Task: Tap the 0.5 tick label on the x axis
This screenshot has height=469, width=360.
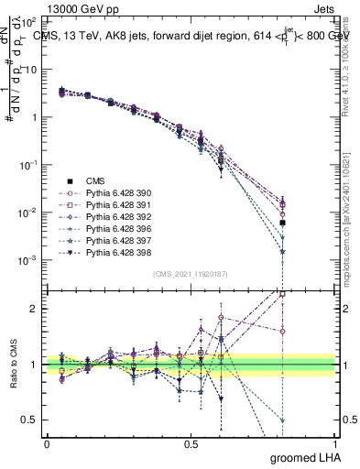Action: click(191, 443)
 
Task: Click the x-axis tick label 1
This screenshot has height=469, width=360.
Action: click(334, 443)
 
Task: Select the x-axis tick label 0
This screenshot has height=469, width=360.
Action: click(47, 443)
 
